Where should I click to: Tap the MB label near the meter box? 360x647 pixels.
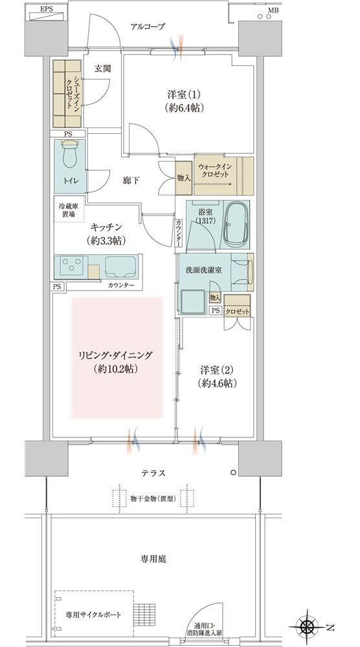(x=273, y=10)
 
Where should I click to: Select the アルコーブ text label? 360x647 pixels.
(x=148, y=27)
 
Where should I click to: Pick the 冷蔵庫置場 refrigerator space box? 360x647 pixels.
(x=69, y=209)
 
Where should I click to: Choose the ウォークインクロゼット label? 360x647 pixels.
(x=215, y=170)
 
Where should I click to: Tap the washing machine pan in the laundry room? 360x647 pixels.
(x=193, y=302)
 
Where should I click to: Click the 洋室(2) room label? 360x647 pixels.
(x=216, y=369)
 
